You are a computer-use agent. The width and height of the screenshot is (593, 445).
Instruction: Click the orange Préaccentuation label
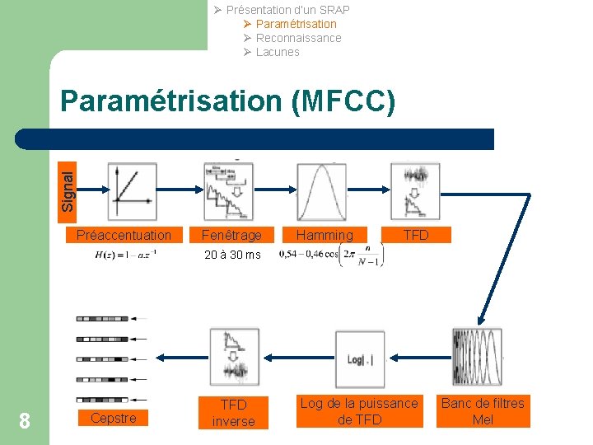click(124, 235)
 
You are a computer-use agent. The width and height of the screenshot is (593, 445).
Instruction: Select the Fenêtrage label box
click(231, 235)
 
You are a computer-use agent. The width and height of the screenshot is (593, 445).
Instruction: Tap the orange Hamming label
click(325, 235)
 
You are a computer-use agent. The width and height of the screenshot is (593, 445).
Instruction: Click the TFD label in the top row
click(416, 235)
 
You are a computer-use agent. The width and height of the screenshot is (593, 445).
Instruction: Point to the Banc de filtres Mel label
click(483, 411)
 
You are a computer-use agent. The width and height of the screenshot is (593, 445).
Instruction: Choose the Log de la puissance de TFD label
click(358, 411)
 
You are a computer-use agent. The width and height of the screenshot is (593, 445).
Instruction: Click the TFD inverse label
click(234, 413)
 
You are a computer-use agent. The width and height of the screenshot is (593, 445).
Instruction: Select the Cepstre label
click(114, 418)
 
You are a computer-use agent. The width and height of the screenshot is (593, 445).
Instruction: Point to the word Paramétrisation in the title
click(171, 101)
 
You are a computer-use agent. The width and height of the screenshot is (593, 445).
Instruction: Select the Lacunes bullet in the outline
click(278, 52)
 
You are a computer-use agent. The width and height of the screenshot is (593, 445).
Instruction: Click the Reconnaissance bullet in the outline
click(298, 38)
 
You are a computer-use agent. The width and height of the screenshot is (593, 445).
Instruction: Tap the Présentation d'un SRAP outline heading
click(287, 10)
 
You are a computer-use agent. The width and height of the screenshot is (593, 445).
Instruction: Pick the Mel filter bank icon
click(477, 357)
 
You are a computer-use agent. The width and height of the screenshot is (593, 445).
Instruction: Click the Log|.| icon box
click(360, 358)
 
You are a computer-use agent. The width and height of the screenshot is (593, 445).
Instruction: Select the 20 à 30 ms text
click(232, 255)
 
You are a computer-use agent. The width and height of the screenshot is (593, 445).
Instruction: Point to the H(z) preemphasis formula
click(126, 254)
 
